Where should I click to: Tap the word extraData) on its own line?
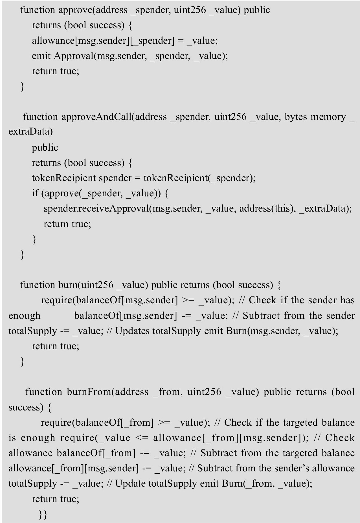coord(30,132)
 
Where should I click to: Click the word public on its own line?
coord(45,148)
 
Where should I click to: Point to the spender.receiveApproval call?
coord(96,209)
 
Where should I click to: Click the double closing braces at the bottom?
coord(43,514)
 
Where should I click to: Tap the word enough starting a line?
coord(25,315)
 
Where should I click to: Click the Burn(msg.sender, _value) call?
coord(282,331)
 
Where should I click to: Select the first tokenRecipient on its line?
coord(64,178)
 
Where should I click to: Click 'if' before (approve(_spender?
coord(35,194)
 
